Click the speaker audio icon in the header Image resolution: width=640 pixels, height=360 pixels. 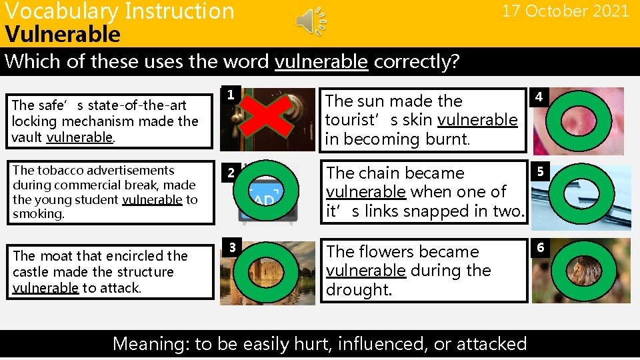coord(311,23)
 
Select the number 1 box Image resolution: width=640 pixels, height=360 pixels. coord(229,95)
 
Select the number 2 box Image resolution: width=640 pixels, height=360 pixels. coord(229,173)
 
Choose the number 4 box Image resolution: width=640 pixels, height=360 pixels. coord(539,98)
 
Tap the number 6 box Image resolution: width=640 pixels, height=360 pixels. coord(539,248)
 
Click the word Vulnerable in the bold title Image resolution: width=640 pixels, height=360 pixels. coord(63,34)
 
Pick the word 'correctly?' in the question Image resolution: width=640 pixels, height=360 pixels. coord(417,61)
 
